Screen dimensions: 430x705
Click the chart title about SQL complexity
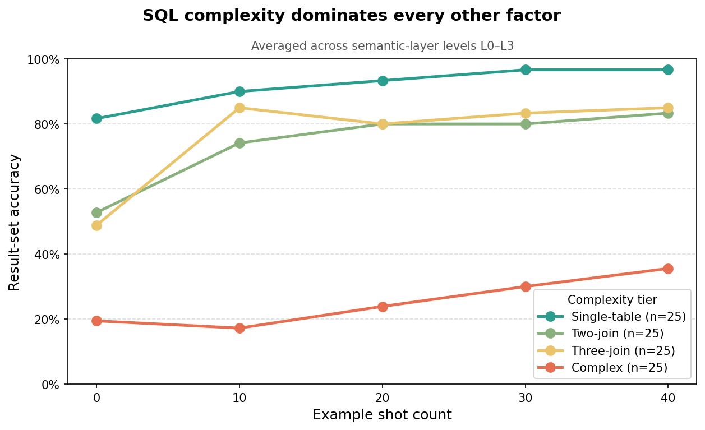coord(351,16)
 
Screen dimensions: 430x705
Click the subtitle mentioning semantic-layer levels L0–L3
coord(382,46)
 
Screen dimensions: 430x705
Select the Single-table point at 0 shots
coord(96,118)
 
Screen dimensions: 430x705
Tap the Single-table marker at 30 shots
coord(526,70)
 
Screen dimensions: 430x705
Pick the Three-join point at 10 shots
coord(239,108)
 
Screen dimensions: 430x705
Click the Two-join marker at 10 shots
coord(239,143)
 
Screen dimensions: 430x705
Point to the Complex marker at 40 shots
coord(668,269)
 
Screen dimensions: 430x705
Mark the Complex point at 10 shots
coord(239,328)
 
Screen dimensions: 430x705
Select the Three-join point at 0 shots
coord(96,225)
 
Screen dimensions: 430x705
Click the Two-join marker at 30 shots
coord(526,124)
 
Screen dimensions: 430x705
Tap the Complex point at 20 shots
coord(383,307)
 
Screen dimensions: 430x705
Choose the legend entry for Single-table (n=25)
coord(628,317)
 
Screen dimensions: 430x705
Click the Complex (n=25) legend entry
coord(619,368)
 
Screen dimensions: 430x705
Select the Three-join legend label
coord(623,351)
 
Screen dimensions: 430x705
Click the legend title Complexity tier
coord(612,300)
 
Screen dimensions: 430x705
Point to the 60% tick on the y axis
coord(48,189)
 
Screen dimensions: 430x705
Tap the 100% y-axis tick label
coord(44,59)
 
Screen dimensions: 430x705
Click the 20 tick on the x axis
coord(383,397)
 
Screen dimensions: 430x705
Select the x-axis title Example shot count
coord(382,415)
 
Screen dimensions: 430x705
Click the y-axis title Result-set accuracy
coord(15,222)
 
